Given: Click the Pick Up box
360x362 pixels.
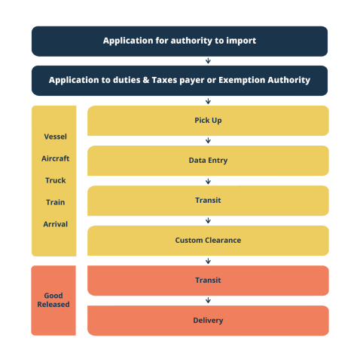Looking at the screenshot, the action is pyautogui.click(x=208, y=121).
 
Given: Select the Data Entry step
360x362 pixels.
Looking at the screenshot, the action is pyautogui.click(x=208, y=161).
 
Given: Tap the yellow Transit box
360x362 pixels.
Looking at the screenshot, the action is pyautogui.click(x=208, y=201).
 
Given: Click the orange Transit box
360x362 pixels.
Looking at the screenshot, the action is pyautogui.click(x=208, y=281).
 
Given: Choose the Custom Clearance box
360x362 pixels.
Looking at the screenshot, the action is pyautogui.click(x=208, y=241).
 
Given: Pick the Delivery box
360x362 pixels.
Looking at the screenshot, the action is pyautogui.click(x=208, y=321).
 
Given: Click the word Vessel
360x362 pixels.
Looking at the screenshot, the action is pyautogui.click(x=56, y=137).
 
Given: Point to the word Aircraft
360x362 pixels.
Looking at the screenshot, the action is pyautogui.click(x=56, y=158).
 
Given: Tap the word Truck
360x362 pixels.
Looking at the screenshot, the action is pyautogui.click(x=56, y=180).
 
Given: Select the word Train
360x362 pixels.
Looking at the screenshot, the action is pyautogui.click(x=56, y=202).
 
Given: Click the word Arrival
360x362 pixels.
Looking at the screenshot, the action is pyautogui.click(x=56, y=224).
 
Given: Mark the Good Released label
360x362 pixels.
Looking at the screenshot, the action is pyautogui.click(x=53, y=300).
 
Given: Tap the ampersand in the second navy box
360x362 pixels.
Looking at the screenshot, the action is pyautogui.click(x=146, y=80).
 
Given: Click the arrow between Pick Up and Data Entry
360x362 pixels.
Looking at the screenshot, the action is pyautogui.click(x=208, y=141).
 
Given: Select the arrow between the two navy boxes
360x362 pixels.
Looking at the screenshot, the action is pyautogui.click(x=208, y=61).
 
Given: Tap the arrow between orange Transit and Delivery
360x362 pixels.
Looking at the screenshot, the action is pyautogui.click(x=208, y=300).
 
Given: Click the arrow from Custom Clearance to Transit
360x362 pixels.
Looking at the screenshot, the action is pyautogui.click(x=208, y=261).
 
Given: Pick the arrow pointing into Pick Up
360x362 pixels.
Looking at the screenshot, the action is pyautogui.click(x=208, y=101).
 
